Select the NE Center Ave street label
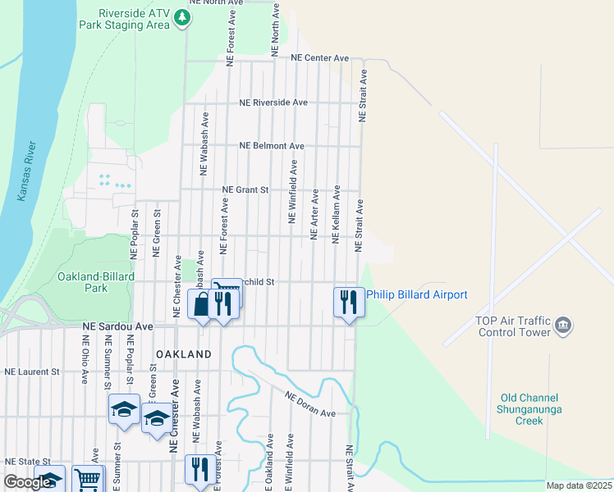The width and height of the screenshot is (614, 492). [321, 57]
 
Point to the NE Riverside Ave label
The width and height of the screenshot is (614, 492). [273, 102]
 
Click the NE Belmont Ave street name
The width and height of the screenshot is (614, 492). [272, 146]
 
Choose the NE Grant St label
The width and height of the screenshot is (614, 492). [246, 189]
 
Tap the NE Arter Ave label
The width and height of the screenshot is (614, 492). [314, 216]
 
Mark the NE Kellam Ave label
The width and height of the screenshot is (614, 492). [336, 214]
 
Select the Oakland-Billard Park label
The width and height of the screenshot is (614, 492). [95, 282]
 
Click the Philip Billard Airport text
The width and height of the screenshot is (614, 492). [416, 295]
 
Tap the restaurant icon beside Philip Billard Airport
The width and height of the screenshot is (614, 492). [348, 302]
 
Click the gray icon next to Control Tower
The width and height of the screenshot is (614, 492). [564, 326]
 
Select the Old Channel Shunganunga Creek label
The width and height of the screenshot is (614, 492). [518, 409]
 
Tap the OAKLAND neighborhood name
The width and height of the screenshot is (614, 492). [184, 354]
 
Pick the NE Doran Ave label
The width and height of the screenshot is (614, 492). [310, 405]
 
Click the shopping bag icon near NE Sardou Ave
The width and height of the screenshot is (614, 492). [202, 304]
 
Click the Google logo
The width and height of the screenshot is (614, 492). [28, 482]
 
